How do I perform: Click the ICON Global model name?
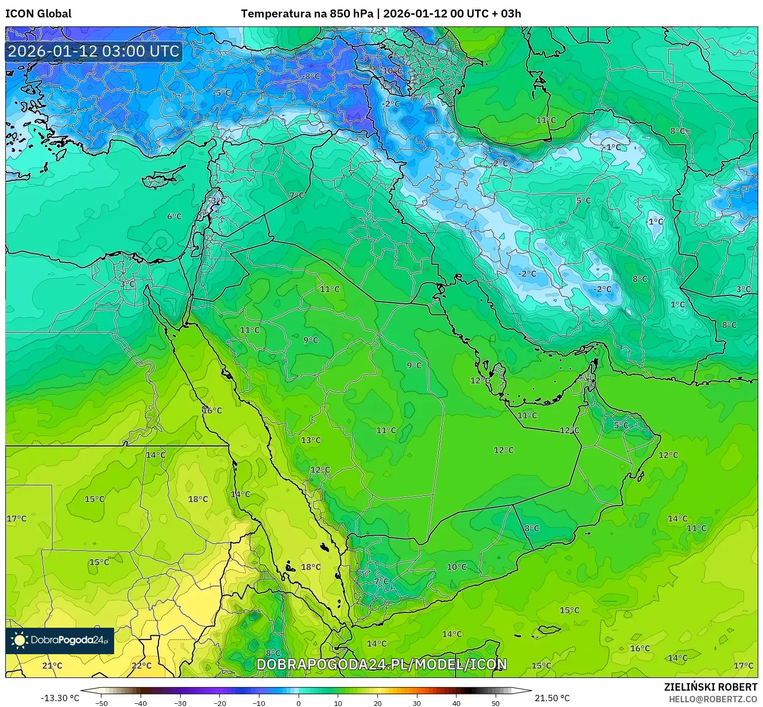point(38,14)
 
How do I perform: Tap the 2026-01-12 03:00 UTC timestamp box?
point(94,51)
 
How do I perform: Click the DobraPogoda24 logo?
point(60,640)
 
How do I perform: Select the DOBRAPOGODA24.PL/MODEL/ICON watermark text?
point(381,664)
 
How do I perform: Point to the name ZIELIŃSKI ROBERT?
point(710,687)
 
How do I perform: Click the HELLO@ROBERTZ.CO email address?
point(713,699)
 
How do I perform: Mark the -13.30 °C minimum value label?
point(60,698)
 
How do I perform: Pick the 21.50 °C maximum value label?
point(552,698)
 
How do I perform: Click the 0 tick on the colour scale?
point(299,703)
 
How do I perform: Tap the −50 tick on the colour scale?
point(101,703)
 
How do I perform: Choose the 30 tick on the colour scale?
point(417,703)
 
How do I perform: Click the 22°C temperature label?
point(141,665)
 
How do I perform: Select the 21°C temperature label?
point(52,665)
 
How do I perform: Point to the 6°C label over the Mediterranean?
point(174,216)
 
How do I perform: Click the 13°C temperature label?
point(311,440)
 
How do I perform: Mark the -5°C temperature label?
point(222,92)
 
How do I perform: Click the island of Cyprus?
point(161,178)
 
